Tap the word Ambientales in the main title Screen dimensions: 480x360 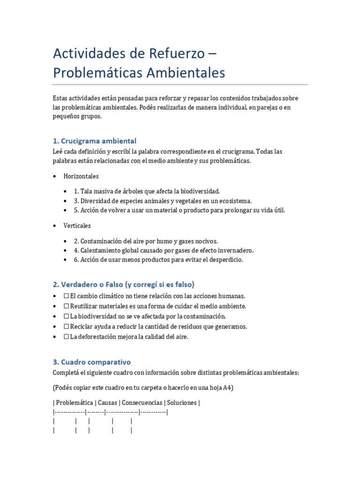(190, 73)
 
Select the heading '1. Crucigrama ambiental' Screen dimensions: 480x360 (94, 141)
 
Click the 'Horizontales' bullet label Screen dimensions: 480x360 (81, 176)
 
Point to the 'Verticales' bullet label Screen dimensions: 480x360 (77, 225)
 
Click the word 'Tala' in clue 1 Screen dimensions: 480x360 (87, 191)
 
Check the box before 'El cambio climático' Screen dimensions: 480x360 (66, 296)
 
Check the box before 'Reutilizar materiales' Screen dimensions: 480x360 (66, 306)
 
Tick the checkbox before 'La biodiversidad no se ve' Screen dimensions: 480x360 (66, 316)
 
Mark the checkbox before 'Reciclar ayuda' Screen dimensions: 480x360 (66, 326)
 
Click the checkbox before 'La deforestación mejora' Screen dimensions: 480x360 (66, 337)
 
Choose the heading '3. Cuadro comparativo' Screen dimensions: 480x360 (91, 362)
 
